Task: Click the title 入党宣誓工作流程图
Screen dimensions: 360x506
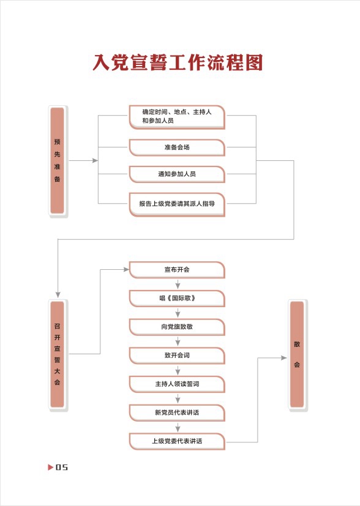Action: click(178, 62)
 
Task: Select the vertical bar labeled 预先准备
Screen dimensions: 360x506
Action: click(58, 160)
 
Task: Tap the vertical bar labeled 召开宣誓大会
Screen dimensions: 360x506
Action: click(58, 354)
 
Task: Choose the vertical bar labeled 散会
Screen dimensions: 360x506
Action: click(297, 354)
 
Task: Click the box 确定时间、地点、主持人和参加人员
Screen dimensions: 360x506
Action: click(177, 116)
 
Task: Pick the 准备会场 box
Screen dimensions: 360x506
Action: click(177, 147)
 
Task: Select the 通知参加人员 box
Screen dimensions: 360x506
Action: click(177, 174)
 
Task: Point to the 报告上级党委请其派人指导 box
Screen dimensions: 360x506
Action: click(177, 204)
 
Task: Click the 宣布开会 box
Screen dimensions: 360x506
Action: click(177, 270)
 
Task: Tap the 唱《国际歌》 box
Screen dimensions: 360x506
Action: click(177, 299)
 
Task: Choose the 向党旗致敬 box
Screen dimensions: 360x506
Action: click(177, 327)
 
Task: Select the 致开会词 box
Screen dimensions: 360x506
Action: click(177, 355)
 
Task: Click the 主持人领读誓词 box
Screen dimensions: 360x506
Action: click(177, 384)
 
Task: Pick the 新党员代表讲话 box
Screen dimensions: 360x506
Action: click(177, 413)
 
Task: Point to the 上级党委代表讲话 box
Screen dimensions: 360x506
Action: click(177, 442)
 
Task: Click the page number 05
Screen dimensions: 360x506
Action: click(62, 467)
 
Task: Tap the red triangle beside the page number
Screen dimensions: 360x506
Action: click(51, 467)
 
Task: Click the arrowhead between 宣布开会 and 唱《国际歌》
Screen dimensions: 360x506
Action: click(178, 286)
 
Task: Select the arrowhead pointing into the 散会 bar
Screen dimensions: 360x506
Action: click(284, 357)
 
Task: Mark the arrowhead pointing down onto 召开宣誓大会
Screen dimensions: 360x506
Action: click(58, 295)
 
